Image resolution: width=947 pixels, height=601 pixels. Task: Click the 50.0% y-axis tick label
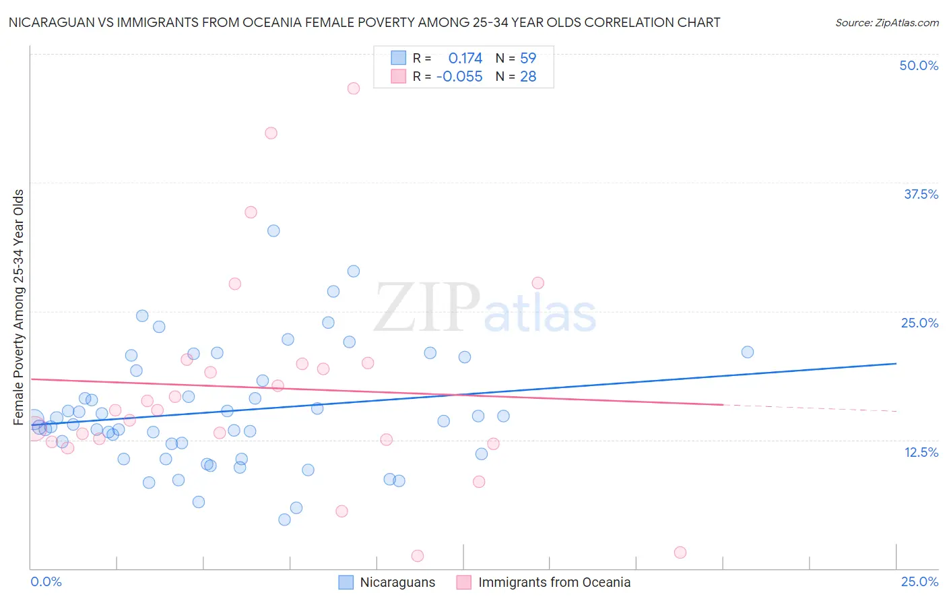click(x=919, y=65)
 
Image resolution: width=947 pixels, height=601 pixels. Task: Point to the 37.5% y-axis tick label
click(x=921, y=194)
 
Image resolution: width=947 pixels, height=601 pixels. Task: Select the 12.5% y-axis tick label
click(x=921, y=452)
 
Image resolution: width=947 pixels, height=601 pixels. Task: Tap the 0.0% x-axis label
click(x=46, y=581)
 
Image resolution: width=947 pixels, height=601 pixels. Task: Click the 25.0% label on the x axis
click(x=919, y=581)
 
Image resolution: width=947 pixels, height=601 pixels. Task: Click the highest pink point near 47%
click(x=354, y=88)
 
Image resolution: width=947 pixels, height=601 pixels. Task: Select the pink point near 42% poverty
click(x=271, y=133)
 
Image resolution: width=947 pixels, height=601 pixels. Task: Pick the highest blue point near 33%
click(x=273, y=230)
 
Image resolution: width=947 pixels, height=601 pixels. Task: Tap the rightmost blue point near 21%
click(x=747, y=352)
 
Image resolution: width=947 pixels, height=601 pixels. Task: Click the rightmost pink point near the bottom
click(x=680, y=552)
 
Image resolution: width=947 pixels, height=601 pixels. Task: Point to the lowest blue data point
click(x=284, y=519)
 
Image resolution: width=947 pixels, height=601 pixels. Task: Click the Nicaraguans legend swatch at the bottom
click(x=346, y=582)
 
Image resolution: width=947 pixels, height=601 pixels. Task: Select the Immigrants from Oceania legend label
click(x=554, y=582)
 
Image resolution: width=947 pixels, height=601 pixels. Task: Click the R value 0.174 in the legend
click(x=465, y=59)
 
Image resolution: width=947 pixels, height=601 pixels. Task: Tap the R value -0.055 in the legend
click(x=459, y=77)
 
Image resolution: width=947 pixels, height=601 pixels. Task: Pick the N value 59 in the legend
click(x=528, y=59)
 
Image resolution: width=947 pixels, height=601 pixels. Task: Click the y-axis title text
click(x=19, y=307)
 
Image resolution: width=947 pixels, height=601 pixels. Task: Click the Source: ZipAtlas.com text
click(x=886, y=23)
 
